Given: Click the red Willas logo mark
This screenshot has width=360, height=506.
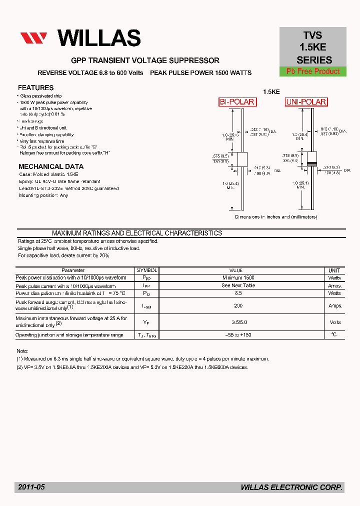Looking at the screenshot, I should click(x=33, y=38).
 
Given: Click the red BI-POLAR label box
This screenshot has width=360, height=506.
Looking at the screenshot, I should click(x=237, y=102).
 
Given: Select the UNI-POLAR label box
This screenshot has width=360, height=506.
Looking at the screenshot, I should click(x=306, y=102).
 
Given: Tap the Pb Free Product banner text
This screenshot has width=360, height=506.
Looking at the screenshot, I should click(x=313, y=71).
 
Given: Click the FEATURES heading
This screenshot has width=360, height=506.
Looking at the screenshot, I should click(x=35, y=87).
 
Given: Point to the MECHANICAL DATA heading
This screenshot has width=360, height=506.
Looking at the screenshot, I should click(x=51, y=166).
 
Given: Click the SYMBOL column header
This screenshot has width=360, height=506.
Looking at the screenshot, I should click(x=147, y=270).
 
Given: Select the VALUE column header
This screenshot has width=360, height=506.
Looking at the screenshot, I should click(x=235, y=270).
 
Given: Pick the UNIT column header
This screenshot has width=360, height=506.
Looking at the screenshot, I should click(x=334, y=270).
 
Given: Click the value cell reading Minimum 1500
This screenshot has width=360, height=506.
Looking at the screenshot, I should click(x=238, y=277).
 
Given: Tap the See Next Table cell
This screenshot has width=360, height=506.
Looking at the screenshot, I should click(x=238, y=285).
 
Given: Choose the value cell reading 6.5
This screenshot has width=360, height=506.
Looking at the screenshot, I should click(x=238, y=293).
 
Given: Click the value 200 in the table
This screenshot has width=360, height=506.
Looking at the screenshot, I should click(x=238, y=305).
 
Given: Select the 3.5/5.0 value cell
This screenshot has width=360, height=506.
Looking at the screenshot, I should click(x=238, y=322).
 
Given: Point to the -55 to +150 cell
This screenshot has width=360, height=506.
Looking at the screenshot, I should click(x=238, y=335).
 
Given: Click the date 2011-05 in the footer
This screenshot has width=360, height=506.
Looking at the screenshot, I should click(x=31, y=487).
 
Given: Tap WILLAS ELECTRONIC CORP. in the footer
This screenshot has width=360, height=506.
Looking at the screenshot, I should click(x=291, y=487).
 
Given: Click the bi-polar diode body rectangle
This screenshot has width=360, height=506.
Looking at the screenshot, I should click(x=242, y=159).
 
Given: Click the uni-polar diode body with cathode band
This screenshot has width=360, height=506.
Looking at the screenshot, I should click(x=311, y=159).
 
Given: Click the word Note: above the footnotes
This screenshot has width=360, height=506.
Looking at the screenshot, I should click(x=22, y=351).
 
